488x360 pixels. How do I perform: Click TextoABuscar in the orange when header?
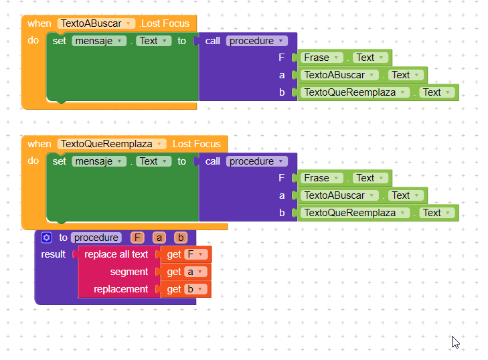point(96,23)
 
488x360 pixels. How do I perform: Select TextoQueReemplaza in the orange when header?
point(112,144)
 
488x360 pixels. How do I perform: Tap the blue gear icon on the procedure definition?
point(47,238)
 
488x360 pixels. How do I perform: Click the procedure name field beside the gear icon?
point(96,238)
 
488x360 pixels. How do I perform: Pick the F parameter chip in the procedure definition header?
point(137,238)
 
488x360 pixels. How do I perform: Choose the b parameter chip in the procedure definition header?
point(180,238)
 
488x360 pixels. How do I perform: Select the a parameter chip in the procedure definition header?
point(159,238)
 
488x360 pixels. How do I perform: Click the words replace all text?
point(116,254)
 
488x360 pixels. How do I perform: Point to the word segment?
point(129,272)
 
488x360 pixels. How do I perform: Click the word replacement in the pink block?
point(120,289)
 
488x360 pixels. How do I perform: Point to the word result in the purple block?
point(54,254)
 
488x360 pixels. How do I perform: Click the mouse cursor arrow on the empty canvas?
point(455,342)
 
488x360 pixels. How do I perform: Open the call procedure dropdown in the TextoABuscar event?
point(256,41)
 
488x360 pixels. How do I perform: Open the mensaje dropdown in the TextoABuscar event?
point(99,41)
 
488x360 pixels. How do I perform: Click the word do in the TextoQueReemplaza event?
point(33,161)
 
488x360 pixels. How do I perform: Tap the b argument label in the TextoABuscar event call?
point(282,92)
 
